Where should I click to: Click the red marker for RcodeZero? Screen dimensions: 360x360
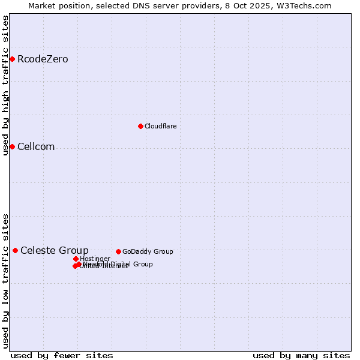click(x=12, y=59)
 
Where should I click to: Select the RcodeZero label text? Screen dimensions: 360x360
click(x=43, y=59)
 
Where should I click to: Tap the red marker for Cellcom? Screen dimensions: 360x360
click(x=12, y=146)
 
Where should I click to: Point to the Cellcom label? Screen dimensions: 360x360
click(x=36, y=146)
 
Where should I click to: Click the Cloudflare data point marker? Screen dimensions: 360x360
click(x=140, y=126)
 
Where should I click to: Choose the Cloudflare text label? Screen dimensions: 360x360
click(x=160, y=126)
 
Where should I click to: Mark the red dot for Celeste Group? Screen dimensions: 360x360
click(x=15, y=250)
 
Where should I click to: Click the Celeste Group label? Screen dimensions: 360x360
click(x=55, y=250)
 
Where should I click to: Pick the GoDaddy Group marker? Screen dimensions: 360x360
click(x=118, y=251)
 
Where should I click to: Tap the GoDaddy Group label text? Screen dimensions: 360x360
click(x=148, y=251)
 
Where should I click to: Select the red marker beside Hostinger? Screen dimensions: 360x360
click(x=76, y=259)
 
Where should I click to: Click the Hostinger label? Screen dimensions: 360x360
click(x=95, y=259)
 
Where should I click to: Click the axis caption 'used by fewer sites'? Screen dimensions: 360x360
click(x=62, y=355)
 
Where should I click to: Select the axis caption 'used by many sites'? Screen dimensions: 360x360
click(x=301, y=355)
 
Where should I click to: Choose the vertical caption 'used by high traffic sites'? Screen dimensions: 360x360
click(x=5, y=85)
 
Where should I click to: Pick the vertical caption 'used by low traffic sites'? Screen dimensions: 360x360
click(x=5, y=280)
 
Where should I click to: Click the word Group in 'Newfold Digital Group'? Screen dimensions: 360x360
click(x=142, y=264)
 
